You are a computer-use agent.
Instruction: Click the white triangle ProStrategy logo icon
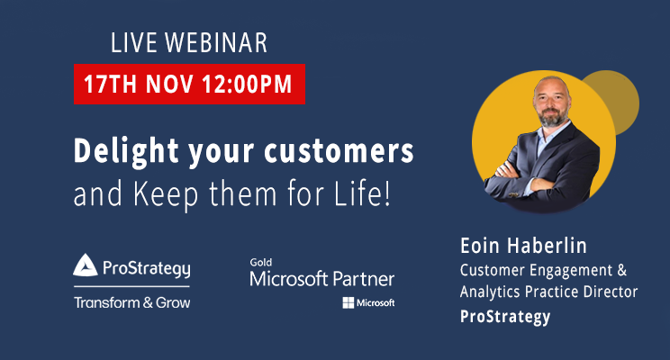[x=86, y=266]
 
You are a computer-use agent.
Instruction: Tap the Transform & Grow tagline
[x=131, y=302]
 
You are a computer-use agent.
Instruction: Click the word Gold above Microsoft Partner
[x=260, y=263]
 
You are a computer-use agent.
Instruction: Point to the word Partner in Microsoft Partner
[x=360, y=279]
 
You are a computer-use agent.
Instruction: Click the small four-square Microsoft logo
[x=348, y=302]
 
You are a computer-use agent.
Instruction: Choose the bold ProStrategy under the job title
[x=505, y=316]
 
